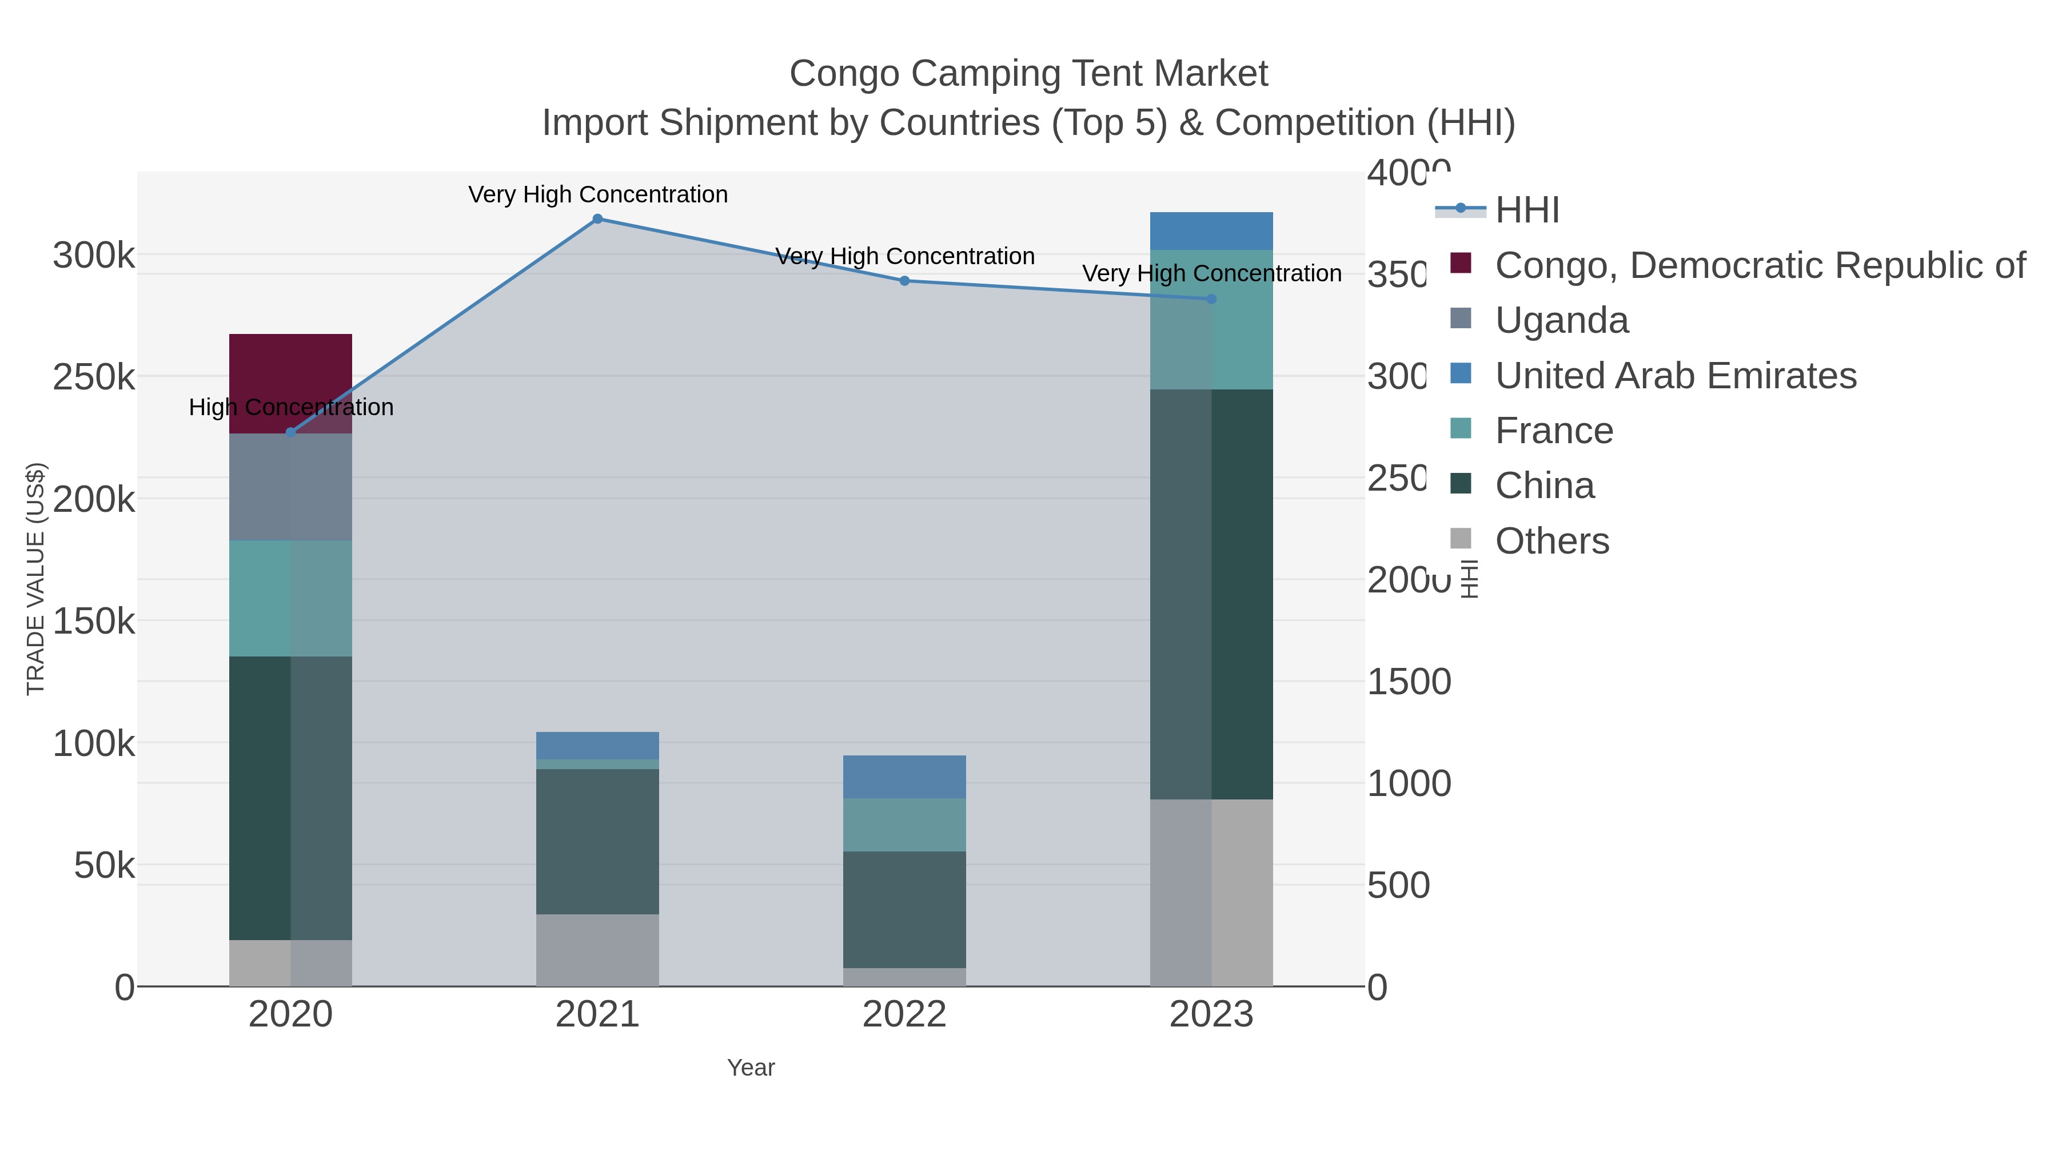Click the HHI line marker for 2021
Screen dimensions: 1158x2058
[597, 219]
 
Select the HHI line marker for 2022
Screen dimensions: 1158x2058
[904, 281]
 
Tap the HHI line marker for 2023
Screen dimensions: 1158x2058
[1211, 299]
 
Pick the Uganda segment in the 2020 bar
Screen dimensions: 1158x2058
[291, 487]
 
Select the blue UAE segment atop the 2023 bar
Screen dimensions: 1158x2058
[1211, 231]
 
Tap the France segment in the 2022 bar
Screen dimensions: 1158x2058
[904, 824]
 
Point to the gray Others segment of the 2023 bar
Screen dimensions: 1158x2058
[1211, 892]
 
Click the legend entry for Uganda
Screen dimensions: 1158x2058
[1561, 320]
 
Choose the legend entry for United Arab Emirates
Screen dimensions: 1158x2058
[1676, 376]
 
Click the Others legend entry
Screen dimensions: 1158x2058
[1552, 541]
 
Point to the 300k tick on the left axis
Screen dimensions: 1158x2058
[94, 257]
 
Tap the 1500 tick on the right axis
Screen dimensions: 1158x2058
[1409, 682]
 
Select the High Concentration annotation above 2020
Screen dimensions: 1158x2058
[291, 408]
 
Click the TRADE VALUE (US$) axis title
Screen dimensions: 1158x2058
[36, 579]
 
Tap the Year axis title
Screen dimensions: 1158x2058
[750, 1068]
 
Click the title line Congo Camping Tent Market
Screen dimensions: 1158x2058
[1028, 74]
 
